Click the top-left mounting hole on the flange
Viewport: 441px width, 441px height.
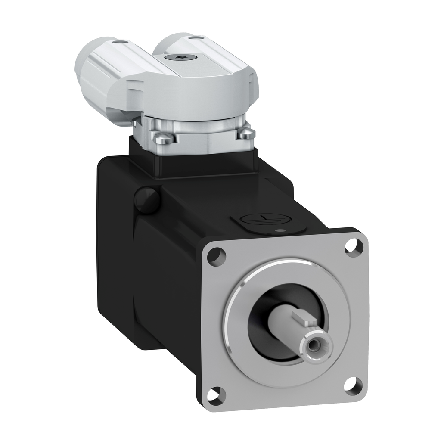point(216,257)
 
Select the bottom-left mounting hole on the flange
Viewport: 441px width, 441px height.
point(216,394)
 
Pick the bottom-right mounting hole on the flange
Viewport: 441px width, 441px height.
point(354,385)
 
